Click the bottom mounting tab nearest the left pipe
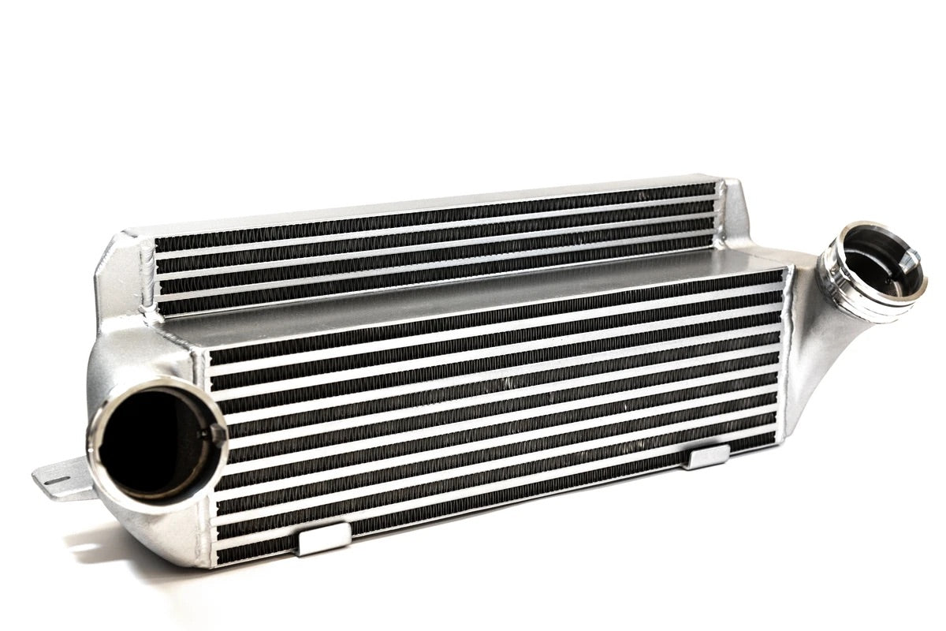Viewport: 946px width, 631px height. (325, 540)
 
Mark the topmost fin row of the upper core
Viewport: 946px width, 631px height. (434, 212)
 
